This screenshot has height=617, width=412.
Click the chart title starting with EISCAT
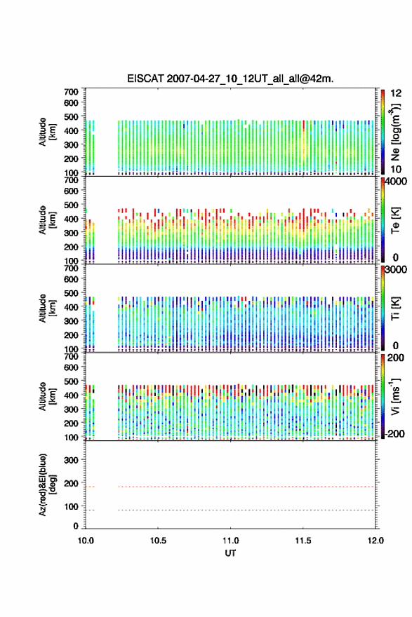[230, 79]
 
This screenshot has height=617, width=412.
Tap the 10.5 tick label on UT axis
[158, 541]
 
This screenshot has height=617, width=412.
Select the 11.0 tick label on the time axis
[230, 541]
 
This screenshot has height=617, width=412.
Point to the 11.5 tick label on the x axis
[303, 541]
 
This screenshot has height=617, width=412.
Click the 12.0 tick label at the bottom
[376, 541]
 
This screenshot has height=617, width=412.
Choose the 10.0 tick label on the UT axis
[86, 541]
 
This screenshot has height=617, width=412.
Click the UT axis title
[230, 553]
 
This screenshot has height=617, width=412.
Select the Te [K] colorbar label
[395, 220]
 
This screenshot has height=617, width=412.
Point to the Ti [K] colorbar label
[395, 308]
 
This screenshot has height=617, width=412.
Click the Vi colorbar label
[395, 396]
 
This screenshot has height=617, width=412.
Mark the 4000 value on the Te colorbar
[396, 182]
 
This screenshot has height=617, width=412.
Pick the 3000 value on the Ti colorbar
[396, 270]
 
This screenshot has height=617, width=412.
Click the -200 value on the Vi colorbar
[394, 434]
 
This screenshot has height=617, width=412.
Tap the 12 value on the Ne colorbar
[396, 93]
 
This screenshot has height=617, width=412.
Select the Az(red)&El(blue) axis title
[47, 484]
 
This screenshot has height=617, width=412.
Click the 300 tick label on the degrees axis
[71, 460]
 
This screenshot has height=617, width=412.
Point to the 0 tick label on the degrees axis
[76, 526]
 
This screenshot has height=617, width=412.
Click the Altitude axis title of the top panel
[47, 132]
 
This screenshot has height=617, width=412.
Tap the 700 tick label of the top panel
[71, 92]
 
